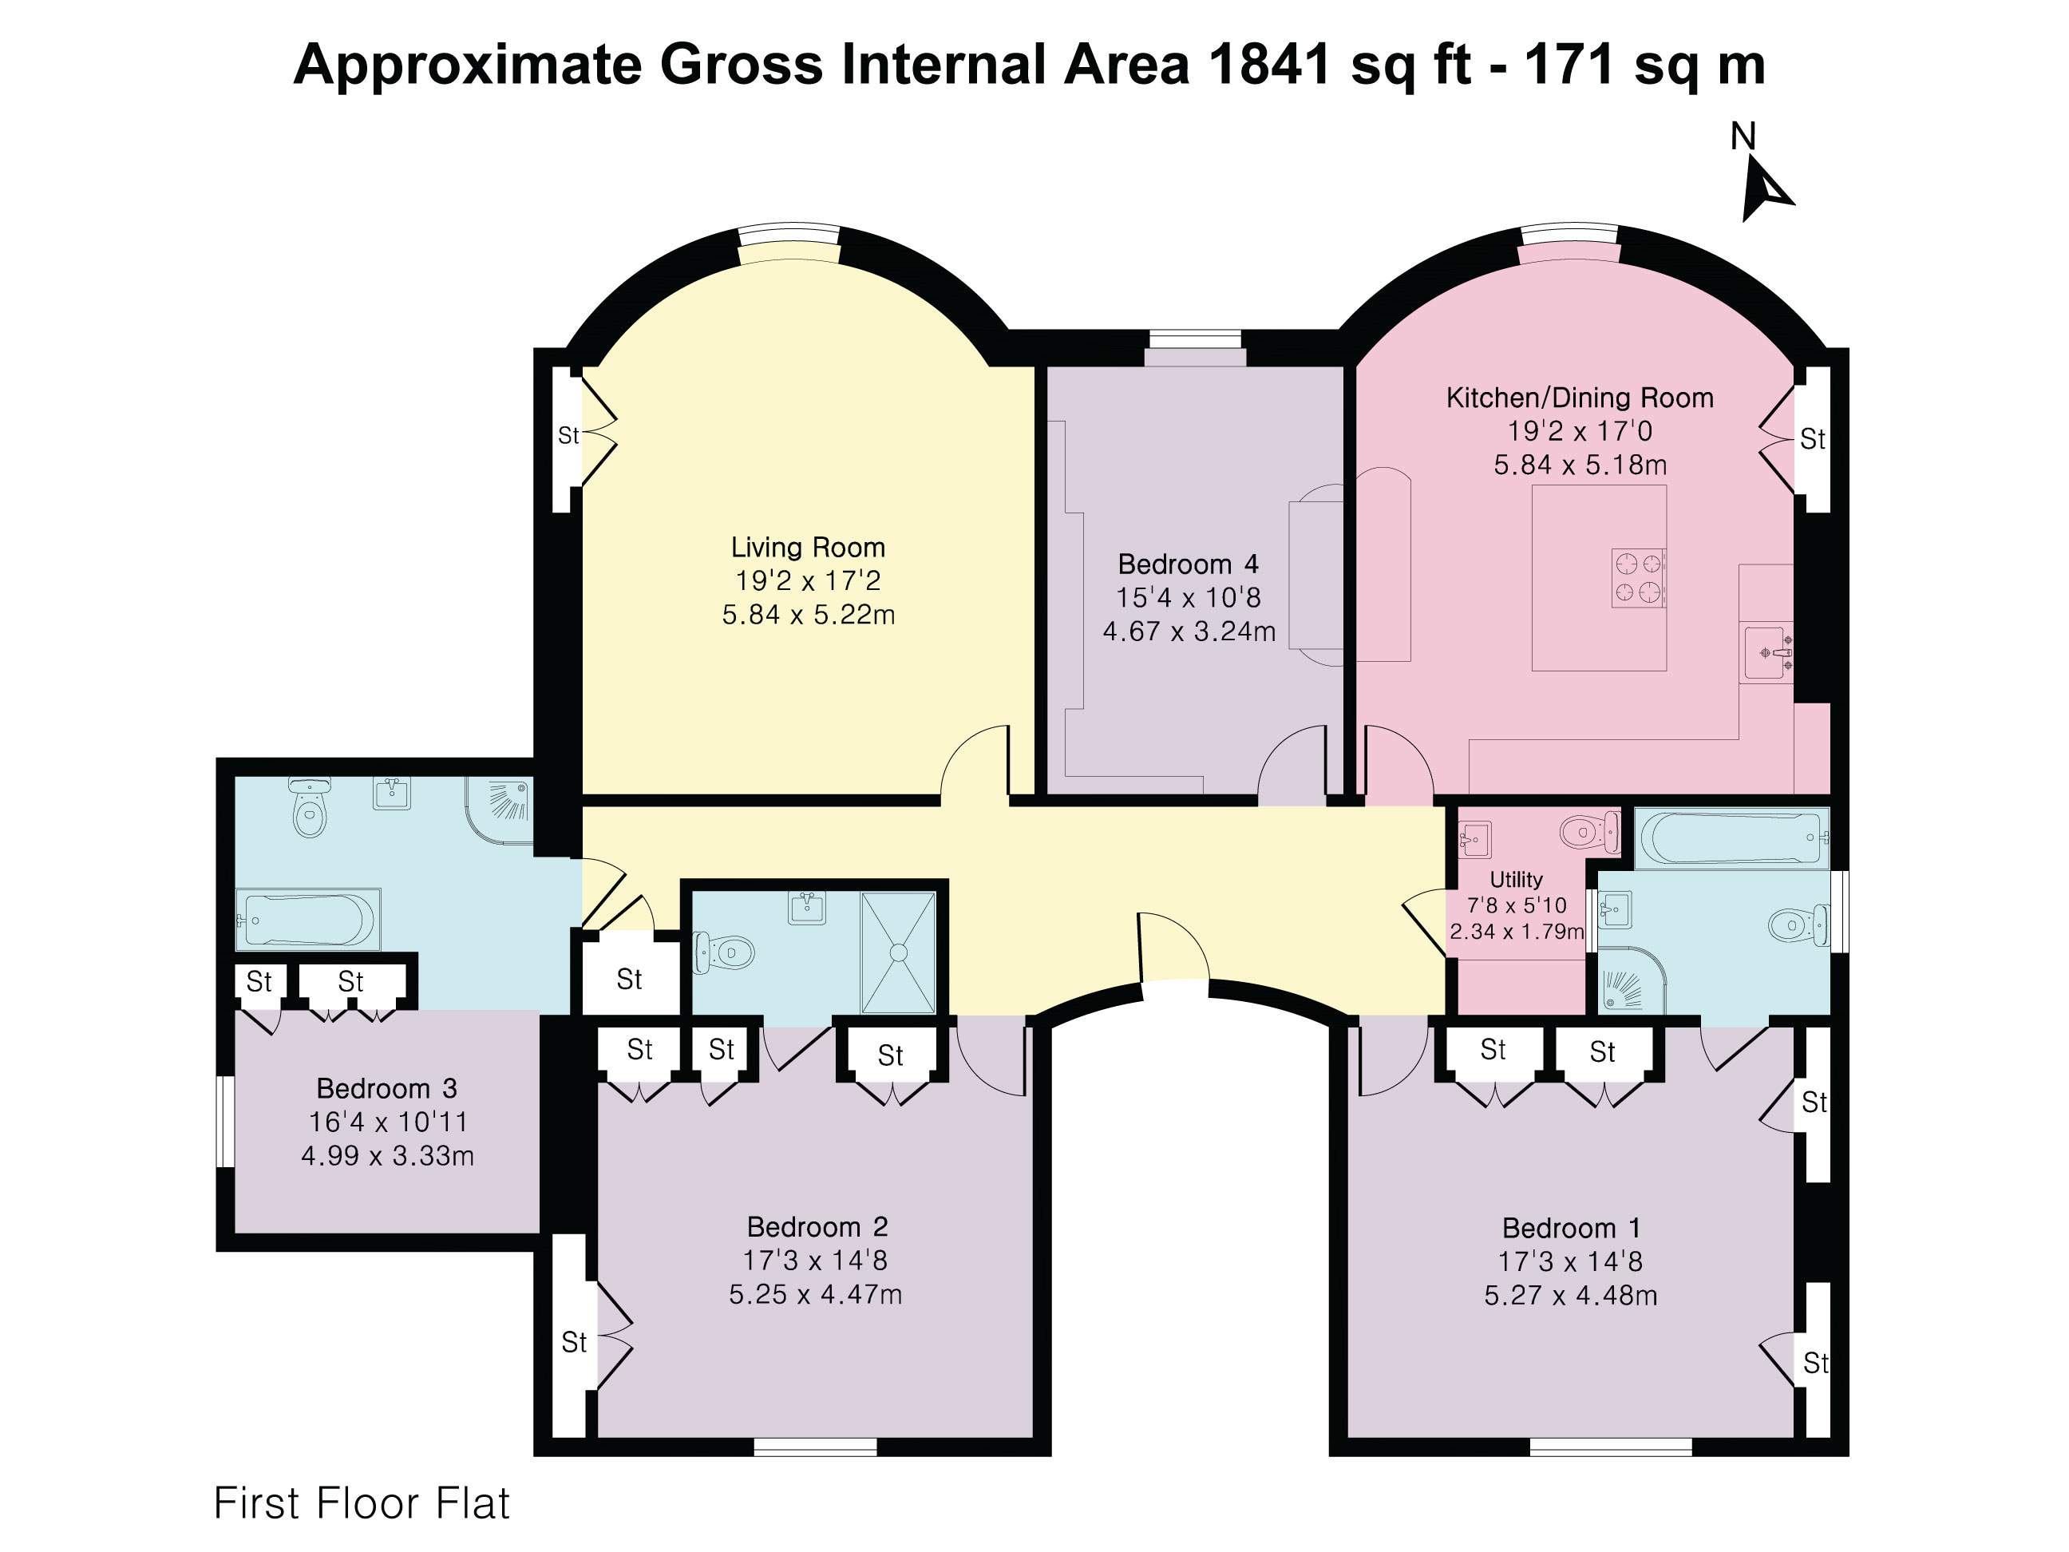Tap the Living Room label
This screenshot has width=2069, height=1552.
point(808,547)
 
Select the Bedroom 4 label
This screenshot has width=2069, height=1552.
point(1188,564)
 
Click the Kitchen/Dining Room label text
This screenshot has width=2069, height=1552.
point(1580,398)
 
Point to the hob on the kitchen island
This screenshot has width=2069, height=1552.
point(1638,578)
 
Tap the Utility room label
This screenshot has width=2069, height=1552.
point(1516,879)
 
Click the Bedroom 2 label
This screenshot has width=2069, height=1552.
point(817,1226)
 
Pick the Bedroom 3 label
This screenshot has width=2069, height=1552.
point(386,1088)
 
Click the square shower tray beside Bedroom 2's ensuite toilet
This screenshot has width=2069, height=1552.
point(898,952)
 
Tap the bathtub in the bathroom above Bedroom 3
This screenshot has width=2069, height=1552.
point(308,920)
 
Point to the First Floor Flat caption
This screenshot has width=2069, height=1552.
point(362,1503)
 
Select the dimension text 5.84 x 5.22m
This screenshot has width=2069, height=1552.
point(808,615)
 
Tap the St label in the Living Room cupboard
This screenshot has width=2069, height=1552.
point(568,435)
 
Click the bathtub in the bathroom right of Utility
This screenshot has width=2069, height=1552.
point(1731,837)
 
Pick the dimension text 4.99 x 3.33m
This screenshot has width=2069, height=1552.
point(387,1155)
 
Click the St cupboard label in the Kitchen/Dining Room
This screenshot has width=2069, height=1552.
point(1813,439)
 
